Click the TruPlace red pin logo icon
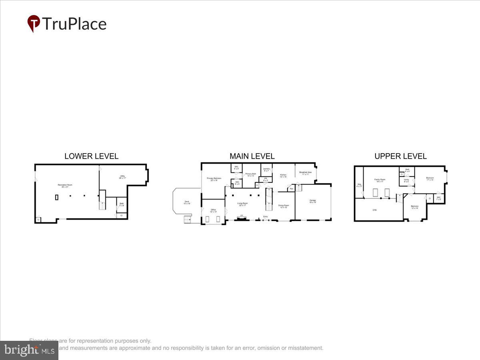[34, 23]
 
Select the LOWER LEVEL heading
[91, 156]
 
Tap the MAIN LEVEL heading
[252, 156]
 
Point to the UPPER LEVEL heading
[400, 156]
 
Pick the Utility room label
[122, 177]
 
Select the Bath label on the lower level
[122, 204]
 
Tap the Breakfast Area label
[306, 173]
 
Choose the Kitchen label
[283, 175]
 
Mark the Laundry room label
[266, 170]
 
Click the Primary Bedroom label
[214, 179]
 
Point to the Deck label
[186, 202]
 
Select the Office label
[213, 210]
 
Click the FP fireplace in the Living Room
[241, 216]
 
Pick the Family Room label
[380, 180]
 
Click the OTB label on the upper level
[375, 210]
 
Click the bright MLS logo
[29, 350]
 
